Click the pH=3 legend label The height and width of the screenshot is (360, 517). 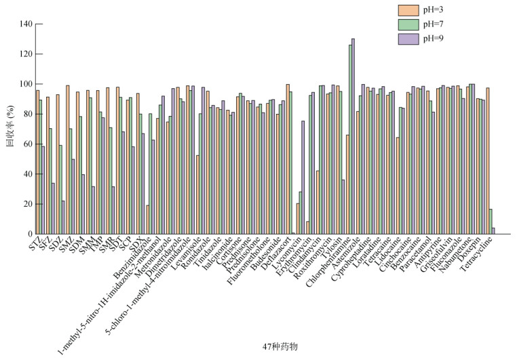pos(434,10)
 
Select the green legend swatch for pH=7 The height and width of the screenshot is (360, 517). pos(408,24)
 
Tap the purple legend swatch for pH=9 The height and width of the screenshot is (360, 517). pos(408,39)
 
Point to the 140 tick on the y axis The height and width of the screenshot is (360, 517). pos(26,24)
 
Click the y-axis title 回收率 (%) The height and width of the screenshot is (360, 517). pos(9,129)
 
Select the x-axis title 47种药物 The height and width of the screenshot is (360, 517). pos(280,346)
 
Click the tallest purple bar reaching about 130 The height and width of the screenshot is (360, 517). pos(353,136)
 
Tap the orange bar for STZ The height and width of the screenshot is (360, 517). pos(37,162)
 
